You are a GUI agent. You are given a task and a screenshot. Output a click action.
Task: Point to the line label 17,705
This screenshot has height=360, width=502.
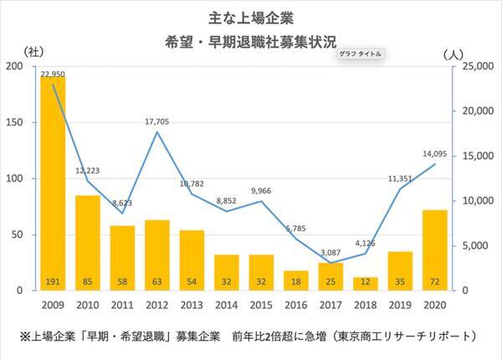click(157, 121)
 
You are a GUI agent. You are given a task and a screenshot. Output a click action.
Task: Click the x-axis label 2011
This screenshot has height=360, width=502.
click(122, 304)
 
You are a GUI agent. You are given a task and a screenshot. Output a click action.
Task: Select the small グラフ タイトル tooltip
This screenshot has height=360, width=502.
click(361, 54)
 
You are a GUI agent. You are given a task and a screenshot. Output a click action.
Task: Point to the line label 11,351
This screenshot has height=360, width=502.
click(399, 178)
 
